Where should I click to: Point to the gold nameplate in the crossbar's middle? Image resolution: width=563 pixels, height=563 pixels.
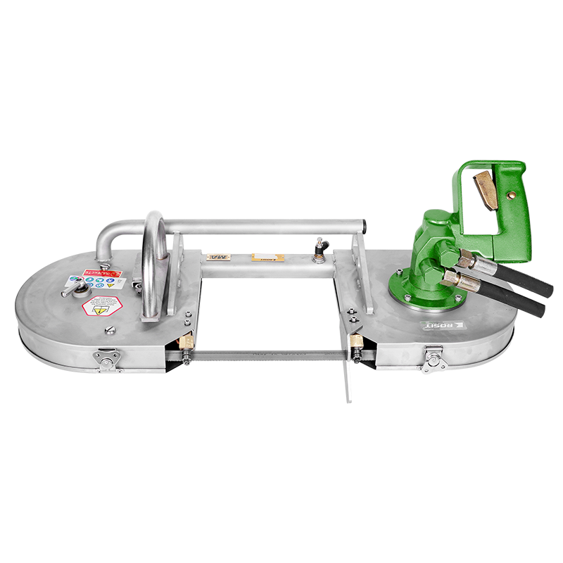[268, 258]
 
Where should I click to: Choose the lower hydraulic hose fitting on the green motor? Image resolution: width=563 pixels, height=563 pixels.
[454, 280]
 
